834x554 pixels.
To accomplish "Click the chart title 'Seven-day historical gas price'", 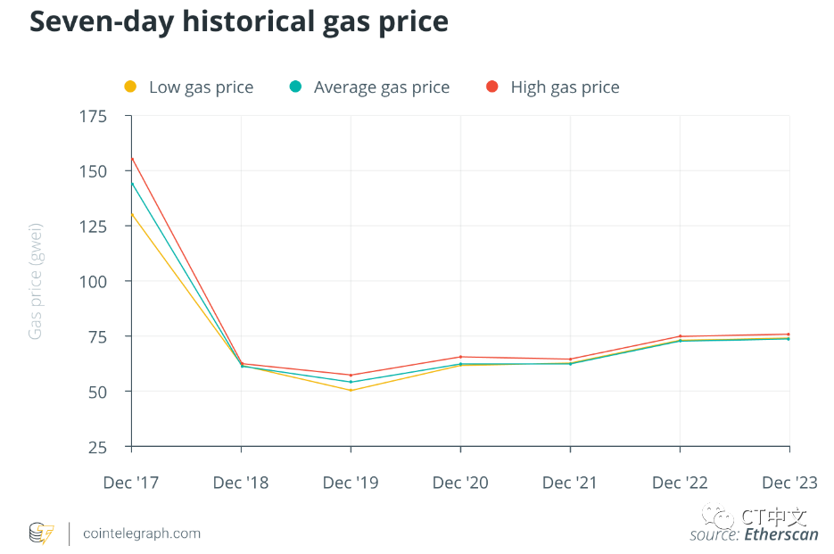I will tap(238, 22).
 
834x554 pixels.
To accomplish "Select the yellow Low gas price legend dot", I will tap(130, 87).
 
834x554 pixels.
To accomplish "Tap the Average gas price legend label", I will tap(382, 87).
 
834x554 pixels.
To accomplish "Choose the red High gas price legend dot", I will tap(491, 87).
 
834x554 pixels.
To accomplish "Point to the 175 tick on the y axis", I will tap(92, 117).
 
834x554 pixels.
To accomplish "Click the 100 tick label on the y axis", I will tap(92, 281).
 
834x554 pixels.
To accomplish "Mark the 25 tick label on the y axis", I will tap(96, 447).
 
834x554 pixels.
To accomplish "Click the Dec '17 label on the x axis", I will tap(131, 483).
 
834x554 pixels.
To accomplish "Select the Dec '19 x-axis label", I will tap(351, 483).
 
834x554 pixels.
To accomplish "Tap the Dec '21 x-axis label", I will tap(570, 483).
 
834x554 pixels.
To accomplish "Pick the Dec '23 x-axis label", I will tap(789, 483).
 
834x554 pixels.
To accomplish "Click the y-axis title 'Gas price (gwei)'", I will tap(36, 282).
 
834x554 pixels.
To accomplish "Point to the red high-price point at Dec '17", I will tap(132, 159).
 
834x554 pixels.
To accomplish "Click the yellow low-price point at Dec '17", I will tap(132, 214).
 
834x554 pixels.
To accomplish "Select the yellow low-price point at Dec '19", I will tap(351, 390).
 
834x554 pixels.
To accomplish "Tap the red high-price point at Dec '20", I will tap(460, 357).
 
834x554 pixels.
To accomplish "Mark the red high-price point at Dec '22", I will tap(680, 336).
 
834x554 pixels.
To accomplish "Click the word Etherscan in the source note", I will tap(780, 534).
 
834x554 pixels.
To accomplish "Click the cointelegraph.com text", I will tap(141, 533).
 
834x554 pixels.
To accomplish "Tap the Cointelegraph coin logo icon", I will tap(41, 533).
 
